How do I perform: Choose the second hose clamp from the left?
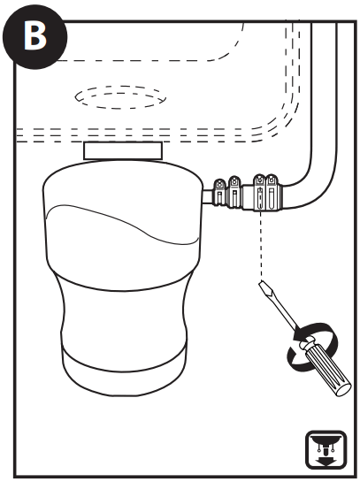[234, 192]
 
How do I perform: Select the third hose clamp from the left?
[258, 192]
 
